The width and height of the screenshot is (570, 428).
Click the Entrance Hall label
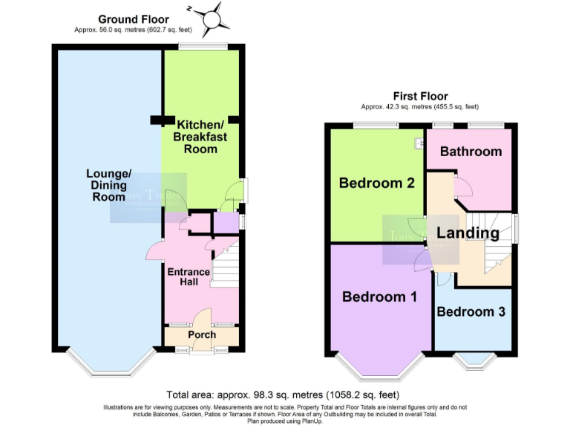189,276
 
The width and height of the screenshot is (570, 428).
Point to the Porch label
201,334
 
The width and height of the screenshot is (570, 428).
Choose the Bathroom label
471,152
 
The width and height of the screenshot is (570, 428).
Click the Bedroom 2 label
376,182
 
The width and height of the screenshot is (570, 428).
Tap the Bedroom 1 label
379,296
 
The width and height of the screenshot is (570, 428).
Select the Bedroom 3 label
471,312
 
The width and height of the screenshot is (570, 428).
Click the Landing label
468,233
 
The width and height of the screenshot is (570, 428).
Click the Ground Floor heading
134,19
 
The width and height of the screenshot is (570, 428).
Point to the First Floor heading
420,97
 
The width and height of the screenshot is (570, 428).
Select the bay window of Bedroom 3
474,361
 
